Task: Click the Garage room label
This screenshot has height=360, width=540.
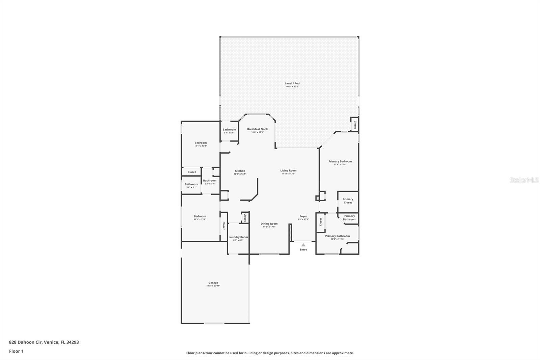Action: (213, 283)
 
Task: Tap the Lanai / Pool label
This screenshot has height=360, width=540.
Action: (292, 83)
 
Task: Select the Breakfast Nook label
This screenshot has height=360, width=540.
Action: (257, 129)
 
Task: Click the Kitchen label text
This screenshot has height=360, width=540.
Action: (240, 171)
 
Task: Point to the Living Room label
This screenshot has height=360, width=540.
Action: (288, 171)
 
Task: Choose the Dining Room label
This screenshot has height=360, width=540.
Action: (269, 224)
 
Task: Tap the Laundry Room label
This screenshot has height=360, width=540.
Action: (238, 237)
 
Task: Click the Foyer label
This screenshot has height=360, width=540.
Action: (303, 216)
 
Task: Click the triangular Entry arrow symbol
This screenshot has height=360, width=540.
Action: (303, 245)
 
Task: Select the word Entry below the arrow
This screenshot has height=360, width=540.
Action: (303, 250)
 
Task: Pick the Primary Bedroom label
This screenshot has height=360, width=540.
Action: (340, 161)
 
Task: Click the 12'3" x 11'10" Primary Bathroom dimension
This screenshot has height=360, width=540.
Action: (337, 239)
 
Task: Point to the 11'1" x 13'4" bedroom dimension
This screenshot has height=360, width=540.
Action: (200, 146)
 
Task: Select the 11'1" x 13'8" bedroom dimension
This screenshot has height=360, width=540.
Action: (200, 220)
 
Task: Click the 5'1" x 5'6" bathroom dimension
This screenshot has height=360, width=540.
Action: (229, 133)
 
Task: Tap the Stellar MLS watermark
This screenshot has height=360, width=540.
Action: (524, 180)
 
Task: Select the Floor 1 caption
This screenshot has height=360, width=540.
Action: (16, 351)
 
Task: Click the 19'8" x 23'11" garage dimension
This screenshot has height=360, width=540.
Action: (213, 286)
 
